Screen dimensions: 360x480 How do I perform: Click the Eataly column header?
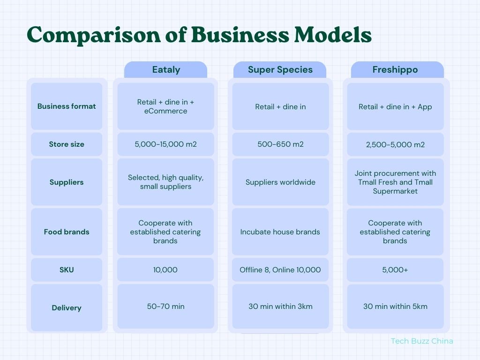coord(165,70)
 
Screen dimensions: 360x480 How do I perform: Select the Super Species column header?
coord(280,70)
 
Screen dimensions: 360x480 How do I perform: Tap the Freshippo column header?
coord(395,70)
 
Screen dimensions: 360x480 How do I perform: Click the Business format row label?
coord(67,106)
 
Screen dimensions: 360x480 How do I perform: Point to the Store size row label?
coord(67,144)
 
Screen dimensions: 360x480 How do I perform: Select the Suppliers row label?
coord(67,182)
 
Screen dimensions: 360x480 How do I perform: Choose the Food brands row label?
coord(67,232)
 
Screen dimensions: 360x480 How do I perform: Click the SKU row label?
coord(67,270)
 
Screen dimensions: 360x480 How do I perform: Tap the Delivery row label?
coord(67,308)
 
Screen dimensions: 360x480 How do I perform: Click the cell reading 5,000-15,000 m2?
coord(165,144)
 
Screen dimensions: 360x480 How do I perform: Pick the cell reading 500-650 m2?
coord(280,144)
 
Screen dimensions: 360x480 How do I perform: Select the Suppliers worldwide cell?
coord(280,182)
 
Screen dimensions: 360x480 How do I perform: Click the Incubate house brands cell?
coord(280,232)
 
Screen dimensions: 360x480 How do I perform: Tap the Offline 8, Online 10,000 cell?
coord(280,270)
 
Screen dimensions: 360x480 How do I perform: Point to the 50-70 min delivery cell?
coord(165,307)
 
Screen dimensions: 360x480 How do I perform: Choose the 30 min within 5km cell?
coord(395,307)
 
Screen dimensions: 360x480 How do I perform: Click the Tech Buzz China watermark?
coord(422,341)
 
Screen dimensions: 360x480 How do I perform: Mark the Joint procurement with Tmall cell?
coord(395,182)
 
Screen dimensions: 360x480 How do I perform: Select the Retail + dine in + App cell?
coord(395,107)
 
